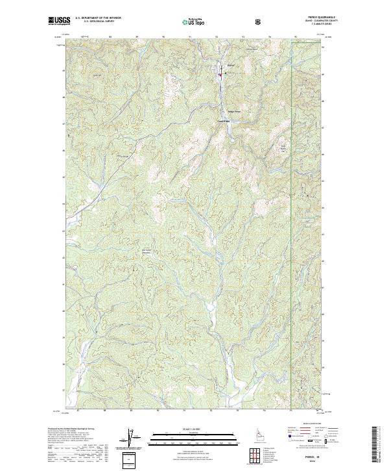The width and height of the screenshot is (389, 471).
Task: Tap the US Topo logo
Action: (x=194, y=21)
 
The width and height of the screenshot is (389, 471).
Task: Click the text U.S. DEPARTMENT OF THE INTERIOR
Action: (x=98, y=18)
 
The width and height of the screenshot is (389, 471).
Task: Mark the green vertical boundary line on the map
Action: (x=290, y=227)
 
